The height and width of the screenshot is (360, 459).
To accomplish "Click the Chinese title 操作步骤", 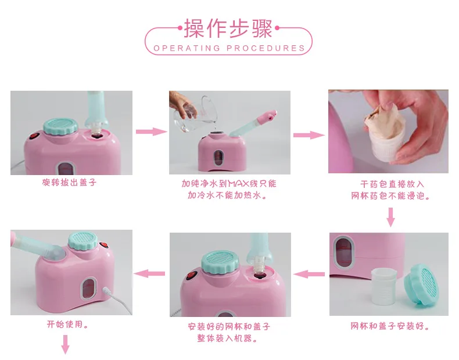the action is point(228,28).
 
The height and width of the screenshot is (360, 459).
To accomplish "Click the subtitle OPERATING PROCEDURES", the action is point(229,48).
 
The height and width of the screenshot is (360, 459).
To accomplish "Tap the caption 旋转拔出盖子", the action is point(69,183).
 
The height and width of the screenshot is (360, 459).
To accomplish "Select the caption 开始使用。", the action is point(67,325).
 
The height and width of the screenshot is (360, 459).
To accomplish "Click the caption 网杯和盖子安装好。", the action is point(390,326).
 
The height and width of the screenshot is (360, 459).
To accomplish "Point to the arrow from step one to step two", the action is point(151,131).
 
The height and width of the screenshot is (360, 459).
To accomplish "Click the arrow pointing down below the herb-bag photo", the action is point(391,217).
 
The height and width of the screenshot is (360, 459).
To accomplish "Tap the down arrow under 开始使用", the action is point(65,344).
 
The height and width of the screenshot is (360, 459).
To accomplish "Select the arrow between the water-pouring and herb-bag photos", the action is point(309,135).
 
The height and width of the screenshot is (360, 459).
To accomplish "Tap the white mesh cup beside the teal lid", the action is point(383,287).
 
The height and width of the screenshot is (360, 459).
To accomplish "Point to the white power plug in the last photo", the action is point(107,291).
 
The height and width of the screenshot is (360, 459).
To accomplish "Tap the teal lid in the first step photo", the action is point(60,127).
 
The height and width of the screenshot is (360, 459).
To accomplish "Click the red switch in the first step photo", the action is point(34,136).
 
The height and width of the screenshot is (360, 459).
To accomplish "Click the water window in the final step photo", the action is point(88,288).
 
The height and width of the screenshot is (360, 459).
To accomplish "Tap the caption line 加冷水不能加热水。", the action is point(227,195).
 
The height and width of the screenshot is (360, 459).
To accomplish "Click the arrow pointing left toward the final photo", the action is point(149,273).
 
